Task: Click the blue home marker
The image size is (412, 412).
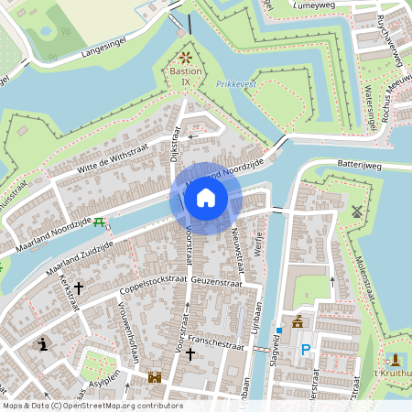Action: [x=206, y=197]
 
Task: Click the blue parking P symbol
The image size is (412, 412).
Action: [x=305, y=348]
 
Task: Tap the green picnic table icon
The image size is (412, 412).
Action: [x=99, y=221]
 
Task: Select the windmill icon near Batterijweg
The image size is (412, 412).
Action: [x=357, y=210]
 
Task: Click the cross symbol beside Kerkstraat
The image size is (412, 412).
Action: [x=79, y=287]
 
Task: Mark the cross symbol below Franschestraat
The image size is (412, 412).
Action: [x=190, y=353]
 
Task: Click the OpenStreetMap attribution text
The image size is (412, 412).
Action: [x=92, y=406]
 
